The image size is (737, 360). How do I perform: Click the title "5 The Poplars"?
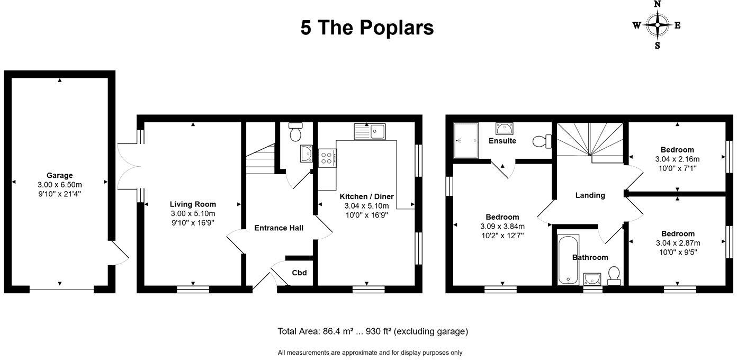(367, 28)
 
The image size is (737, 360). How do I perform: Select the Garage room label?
(59, 175)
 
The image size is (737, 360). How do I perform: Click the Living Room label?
(193, 204)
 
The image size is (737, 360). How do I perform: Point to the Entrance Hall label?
(278, 228)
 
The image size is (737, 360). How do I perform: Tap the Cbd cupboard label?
(299, 273)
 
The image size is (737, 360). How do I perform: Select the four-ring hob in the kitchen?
(327, 158)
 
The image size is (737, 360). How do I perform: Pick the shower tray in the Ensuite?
(466, 140)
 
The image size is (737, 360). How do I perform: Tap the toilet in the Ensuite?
(542, 141)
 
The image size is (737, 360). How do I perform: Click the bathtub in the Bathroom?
(568, 259)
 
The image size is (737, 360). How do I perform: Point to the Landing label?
(590, 195)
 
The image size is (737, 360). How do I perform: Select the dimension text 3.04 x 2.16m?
(677, 159)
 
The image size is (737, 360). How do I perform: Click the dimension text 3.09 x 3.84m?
(502, 226)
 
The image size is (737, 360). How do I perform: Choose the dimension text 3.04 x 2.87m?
(677, 243)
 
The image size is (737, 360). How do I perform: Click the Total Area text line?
(373, 331)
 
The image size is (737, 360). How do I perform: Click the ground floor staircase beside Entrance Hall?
(260, 159)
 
